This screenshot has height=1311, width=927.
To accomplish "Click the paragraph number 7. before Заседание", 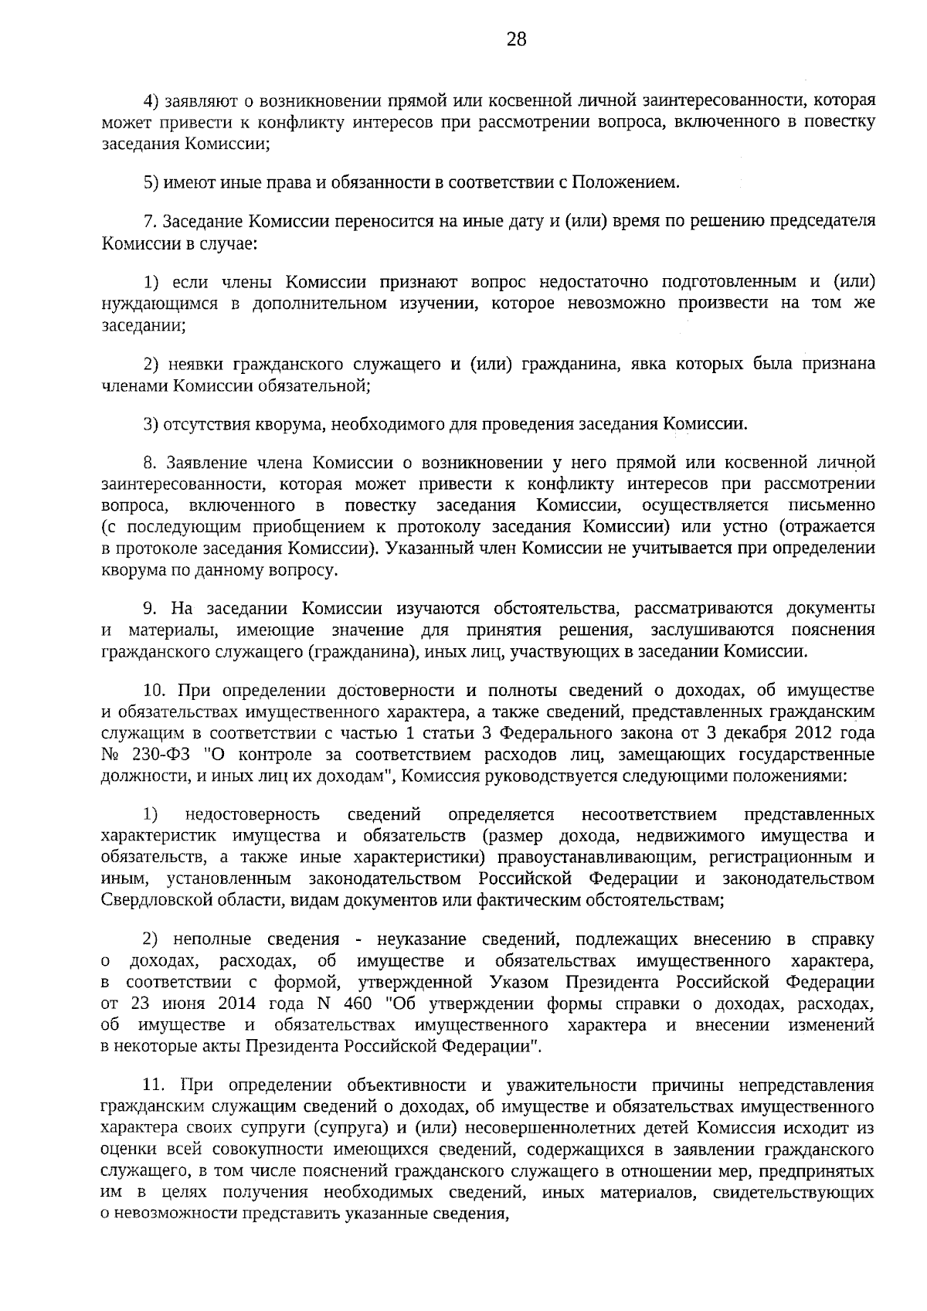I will pyautogui.click(x=151, y=221).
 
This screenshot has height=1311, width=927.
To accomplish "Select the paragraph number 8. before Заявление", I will pyautogui.click(x=151, y=463).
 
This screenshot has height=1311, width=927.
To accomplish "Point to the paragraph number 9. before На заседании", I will pyautogui.click(x=151, y=608).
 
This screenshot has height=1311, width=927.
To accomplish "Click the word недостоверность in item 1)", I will pyautogui.click(x=253, y=815).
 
